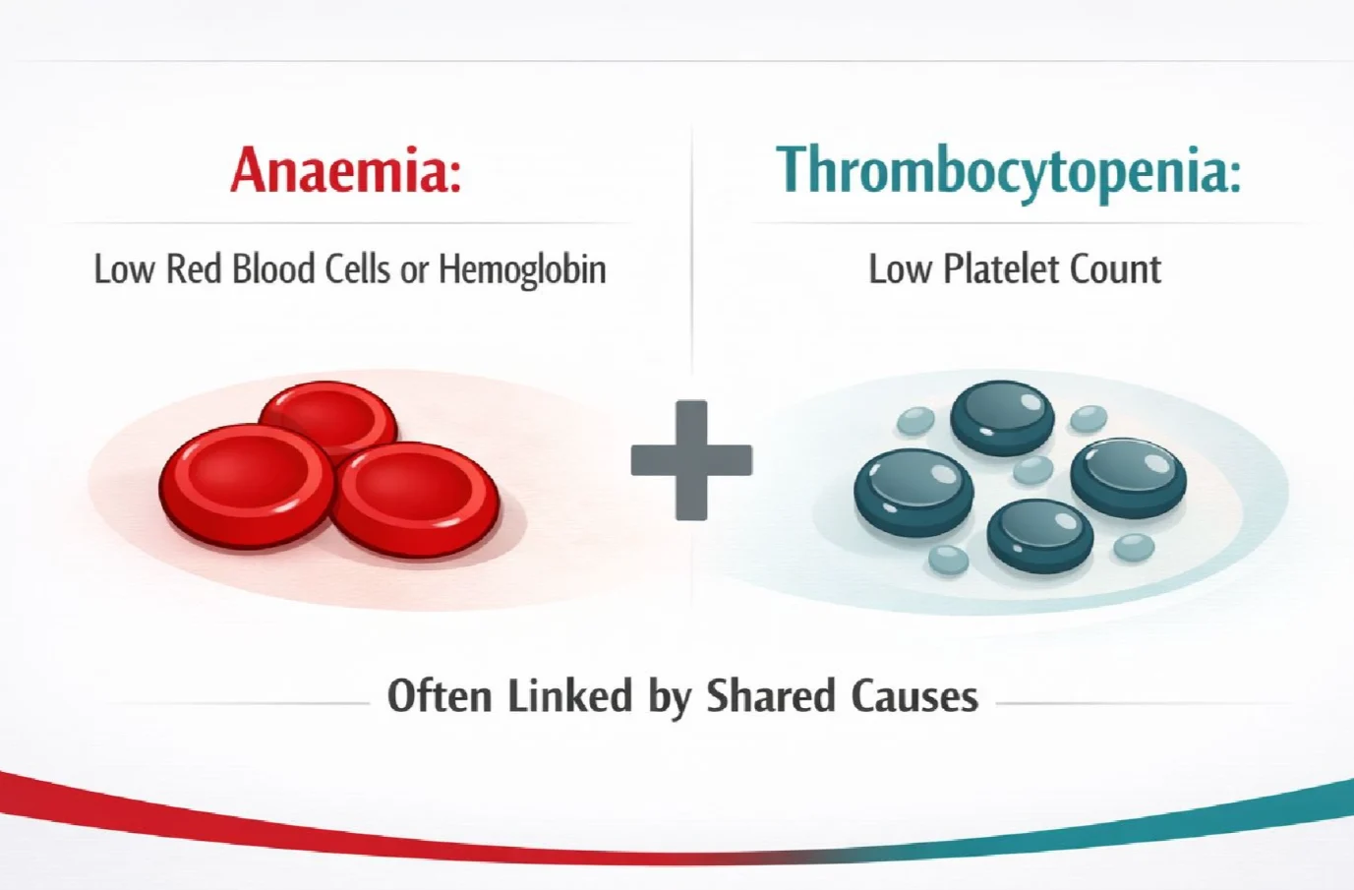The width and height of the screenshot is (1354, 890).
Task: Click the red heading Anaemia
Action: (346, 170)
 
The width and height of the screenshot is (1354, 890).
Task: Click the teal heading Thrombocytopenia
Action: (1008, 173)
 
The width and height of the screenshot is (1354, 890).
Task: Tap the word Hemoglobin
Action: (522, 269)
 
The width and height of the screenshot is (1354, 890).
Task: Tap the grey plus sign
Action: (691, 460)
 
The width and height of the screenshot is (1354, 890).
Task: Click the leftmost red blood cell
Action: (247, 486)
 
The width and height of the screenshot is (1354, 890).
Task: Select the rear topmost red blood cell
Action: (328, 417)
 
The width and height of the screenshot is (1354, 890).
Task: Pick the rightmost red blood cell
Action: (416, 500)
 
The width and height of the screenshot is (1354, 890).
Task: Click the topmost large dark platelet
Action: (1002, 418)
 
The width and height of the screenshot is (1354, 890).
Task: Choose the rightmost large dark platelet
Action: (1128, 480)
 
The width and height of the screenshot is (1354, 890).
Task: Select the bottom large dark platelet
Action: (1040, 536)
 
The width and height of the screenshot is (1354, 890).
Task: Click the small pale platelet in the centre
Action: (1033, 470)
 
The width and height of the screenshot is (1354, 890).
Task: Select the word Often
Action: (440, 695)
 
